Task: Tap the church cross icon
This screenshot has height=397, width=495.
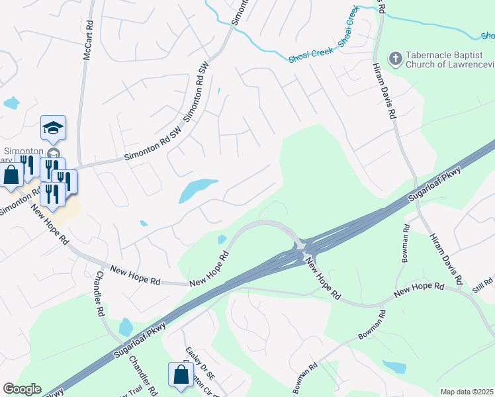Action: (x=395, y=59)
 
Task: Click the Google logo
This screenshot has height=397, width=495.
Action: (x=22, y=389)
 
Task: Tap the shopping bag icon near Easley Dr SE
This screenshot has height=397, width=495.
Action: (x=181, y=375)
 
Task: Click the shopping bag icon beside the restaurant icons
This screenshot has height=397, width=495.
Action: (x=12, y=175)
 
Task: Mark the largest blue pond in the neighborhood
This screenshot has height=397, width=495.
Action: (x=197, y=191)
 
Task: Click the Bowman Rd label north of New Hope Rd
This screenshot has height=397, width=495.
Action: (x=404, y=243)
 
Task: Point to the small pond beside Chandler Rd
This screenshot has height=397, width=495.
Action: (x=126, y=327)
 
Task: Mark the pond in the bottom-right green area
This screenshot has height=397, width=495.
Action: (x=395, y=367)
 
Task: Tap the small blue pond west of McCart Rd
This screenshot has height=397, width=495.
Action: (x=11, y=103)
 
